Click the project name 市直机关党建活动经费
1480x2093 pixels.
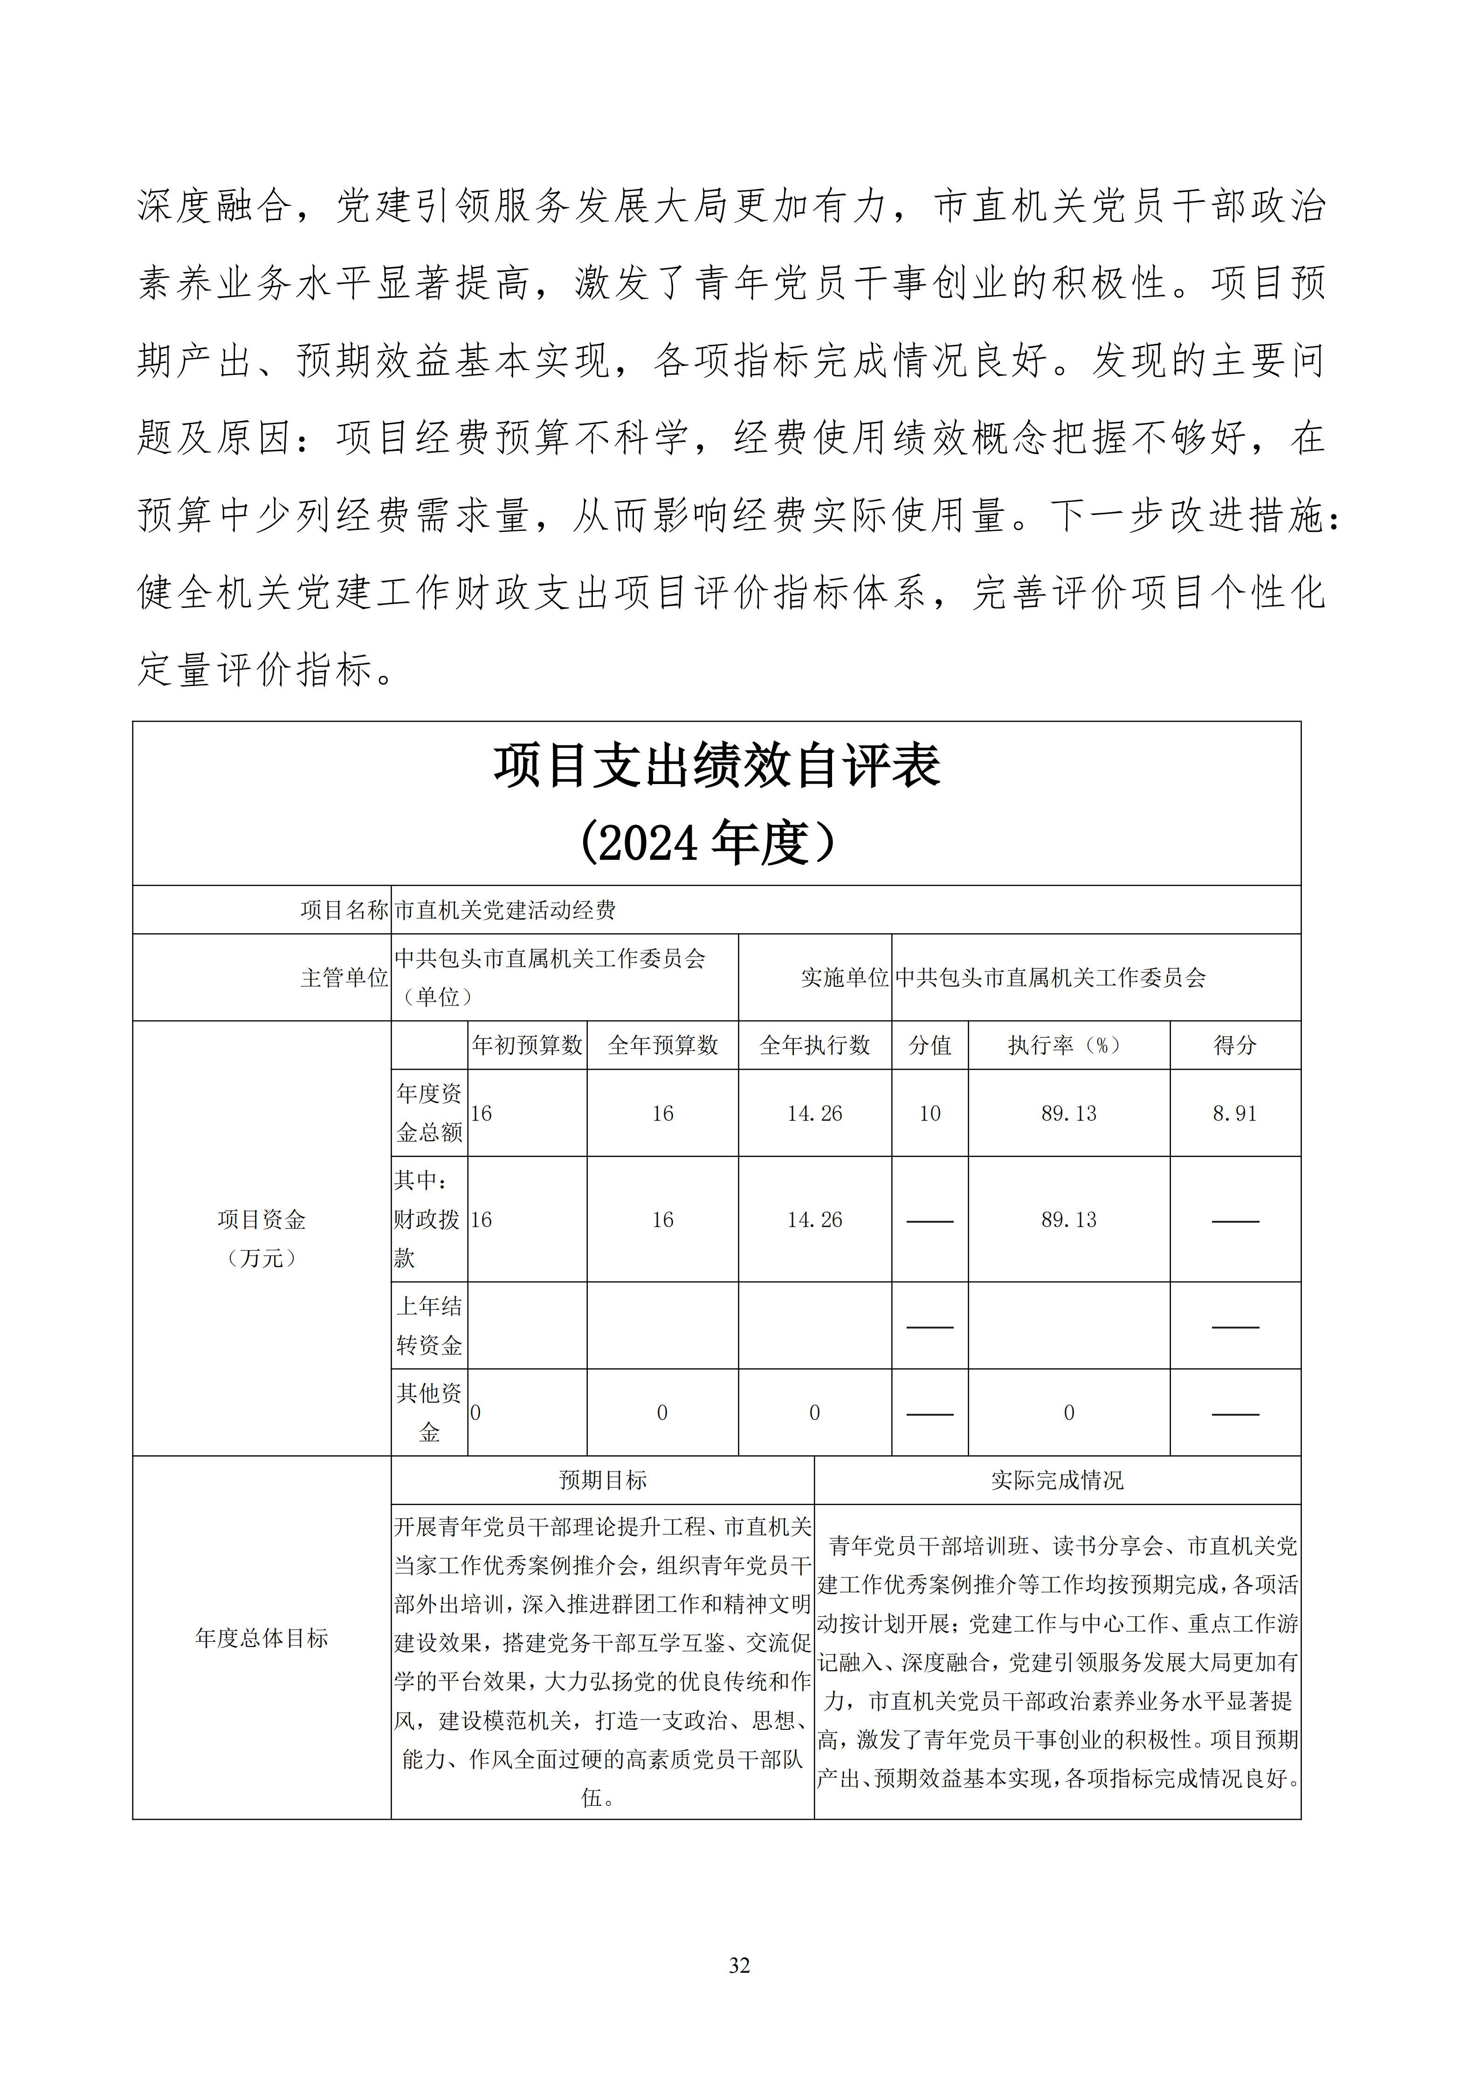point(505,910)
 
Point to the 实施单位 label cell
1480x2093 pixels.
point(844,978)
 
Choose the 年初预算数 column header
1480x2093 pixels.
point(527,1046)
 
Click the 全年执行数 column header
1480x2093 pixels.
point(815,1046)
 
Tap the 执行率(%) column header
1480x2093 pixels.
point(1068,1046)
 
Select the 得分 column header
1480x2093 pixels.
point(1235,1046)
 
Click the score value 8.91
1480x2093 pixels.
point(1235,1113)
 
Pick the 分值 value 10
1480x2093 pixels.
point(929,1113)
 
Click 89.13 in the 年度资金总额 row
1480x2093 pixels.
point(1068,1113)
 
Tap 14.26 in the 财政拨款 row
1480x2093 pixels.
point(815,1220)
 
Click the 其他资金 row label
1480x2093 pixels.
point(429,1412)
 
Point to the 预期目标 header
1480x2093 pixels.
point(602,1480)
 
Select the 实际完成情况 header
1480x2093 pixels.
point(1057,1480)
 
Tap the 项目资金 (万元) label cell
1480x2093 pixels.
point(262,1238)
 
